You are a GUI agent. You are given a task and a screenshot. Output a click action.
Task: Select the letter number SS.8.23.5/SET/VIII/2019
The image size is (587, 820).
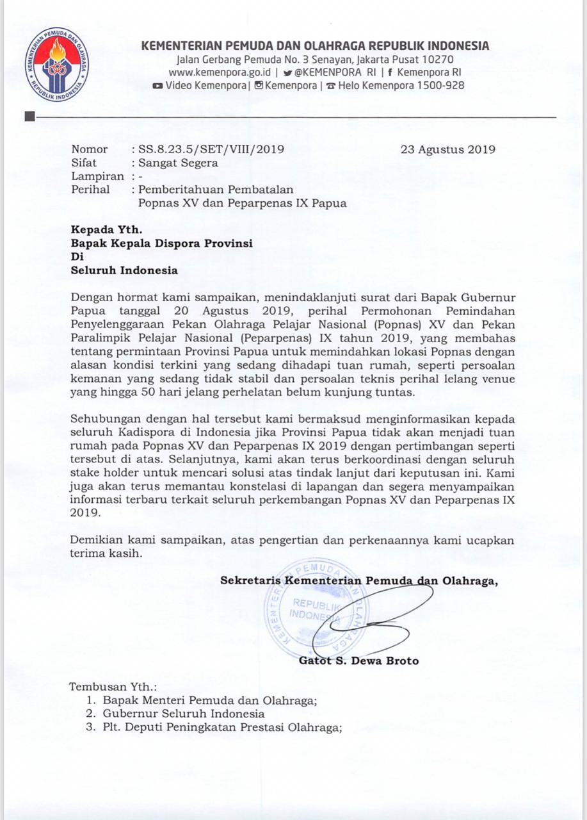207,150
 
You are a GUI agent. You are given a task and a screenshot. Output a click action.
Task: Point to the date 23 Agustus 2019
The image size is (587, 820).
447,150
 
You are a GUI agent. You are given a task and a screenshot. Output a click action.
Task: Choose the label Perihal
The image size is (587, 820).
90,190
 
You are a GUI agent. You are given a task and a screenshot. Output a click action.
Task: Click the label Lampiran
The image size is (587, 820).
97,176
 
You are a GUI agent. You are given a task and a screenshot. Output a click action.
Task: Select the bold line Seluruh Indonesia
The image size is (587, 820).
124,270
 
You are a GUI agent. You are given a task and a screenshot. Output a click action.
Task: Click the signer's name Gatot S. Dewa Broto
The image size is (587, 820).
358,660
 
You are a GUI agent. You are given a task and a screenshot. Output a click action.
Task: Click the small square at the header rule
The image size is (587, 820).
29,117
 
